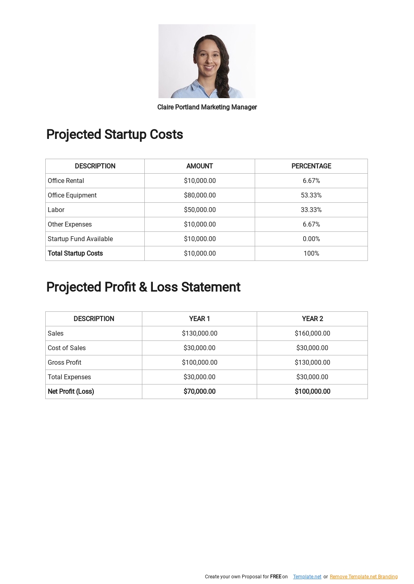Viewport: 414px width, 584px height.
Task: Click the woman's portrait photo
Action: coord(207,61)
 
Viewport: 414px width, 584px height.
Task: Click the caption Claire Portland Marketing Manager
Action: coord(207,107)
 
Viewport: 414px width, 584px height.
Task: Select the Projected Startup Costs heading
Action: coord(114,134)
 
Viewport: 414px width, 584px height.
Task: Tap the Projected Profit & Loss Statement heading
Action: coord(143,287)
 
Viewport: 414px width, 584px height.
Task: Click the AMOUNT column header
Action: coord(200,166)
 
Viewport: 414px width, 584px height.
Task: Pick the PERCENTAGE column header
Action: coord(311,166)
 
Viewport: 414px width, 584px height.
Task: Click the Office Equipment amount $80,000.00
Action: coord(200,195)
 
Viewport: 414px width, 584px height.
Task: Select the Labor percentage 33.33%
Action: coord(311,210)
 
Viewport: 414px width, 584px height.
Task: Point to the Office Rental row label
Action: coord(66,181)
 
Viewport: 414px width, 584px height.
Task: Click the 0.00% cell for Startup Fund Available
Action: coord(311,239)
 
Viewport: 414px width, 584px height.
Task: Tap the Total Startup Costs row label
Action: coord(75,253)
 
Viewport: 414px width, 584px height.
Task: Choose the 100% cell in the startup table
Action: coord(311,253)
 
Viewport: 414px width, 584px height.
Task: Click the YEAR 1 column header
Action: coord(199,319)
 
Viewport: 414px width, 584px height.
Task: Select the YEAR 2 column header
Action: coord(313,319)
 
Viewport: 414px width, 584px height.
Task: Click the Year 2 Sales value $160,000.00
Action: coord(313,333)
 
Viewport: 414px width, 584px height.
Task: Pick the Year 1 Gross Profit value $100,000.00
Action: coord(199,362)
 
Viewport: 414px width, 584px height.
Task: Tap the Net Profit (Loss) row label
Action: coord(71,391)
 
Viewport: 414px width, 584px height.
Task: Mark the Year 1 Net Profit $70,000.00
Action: coord(199,391)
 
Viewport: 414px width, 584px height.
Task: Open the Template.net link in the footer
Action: coord(307,577)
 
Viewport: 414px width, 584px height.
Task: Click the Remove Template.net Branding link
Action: coord(363,577)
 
